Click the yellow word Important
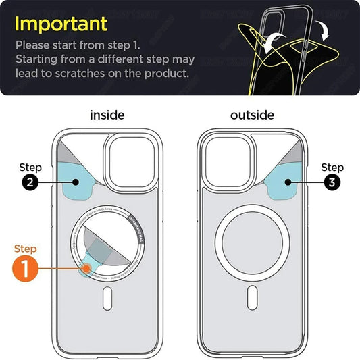pos(61,24)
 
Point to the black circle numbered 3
pos(332,182)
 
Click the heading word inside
pos(107,115)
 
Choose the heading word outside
pos(252,115)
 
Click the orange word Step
pos(26,248)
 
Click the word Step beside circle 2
pos(30,167)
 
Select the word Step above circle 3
pos(332,167)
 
